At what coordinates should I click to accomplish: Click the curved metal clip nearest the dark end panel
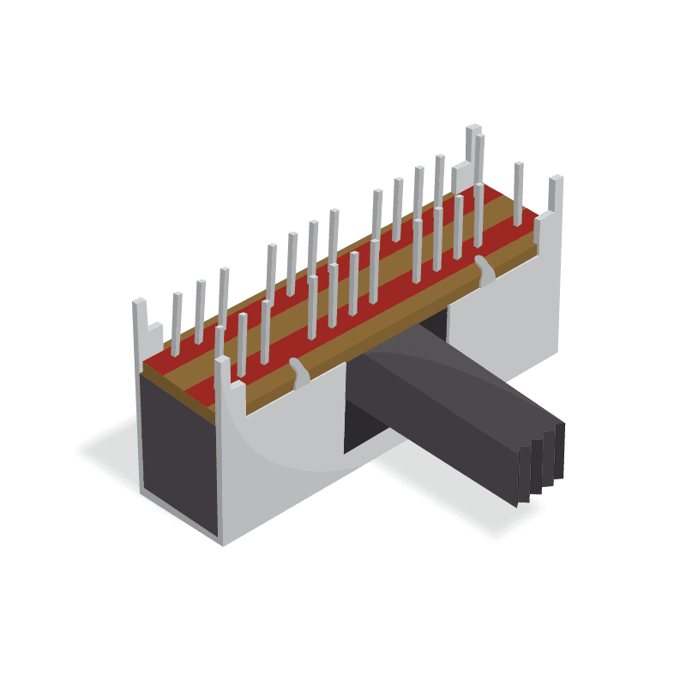tap(298, 372)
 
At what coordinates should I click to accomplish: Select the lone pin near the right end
tap(518, 192)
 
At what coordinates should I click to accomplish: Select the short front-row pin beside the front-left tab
tap(243, 343)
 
